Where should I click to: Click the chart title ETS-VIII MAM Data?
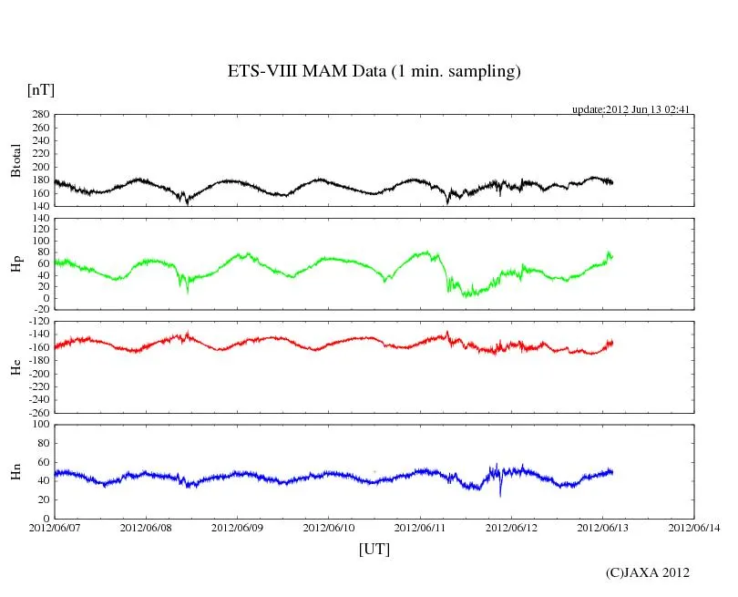pos(374,72)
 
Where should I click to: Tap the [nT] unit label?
pos(41,89)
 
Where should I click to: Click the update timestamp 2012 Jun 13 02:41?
pos(630,109)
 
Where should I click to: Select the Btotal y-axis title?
pos(16,160)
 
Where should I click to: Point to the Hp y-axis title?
pos(16,263)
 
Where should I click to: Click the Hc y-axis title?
pos(16,366)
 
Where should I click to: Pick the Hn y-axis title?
pos(16,471)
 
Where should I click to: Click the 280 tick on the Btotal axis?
pos(40,115)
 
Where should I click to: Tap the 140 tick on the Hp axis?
pos(40,218)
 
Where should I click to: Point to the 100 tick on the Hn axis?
pos(40,424)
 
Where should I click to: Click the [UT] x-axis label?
pos(374,550)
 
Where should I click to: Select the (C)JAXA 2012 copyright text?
pos(648,572)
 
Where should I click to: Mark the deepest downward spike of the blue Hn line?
pos(500,495)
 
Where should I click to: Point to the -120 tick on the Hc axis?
pos(36,322)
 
